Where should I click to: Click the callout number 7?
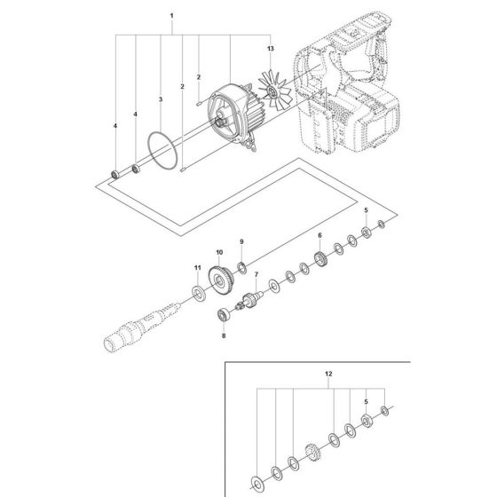[x=256, y=276]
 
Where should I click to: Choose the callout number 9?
[x=240, y=242]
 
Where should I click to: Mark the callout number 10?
[x=217, y=253]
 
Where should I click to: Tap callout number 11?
[x=198, y=266]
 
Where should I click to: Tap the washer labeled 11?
[x=197, y=293]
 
